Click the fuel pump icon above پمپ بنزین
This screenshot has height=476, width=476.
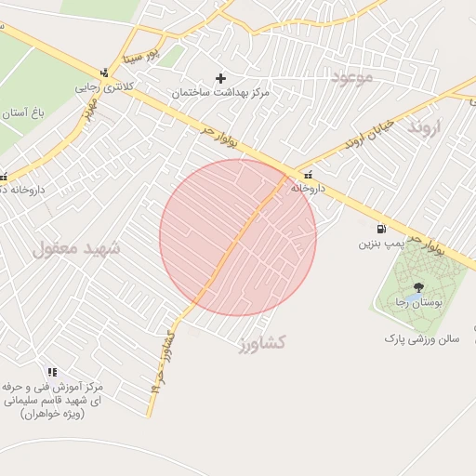(x=381, y=230)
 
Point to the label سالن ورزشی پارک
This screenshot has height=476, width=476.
(x=422, y=339)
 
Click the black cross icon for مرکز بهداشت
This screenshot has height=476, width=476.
(x=220, y=78)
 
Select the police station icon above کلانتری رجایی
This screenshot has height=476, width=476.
(x=105, y=72)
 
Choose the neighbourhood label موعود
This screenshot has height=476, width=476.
(x=351, y=77)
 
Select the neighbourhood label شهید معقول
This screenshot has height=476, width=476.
(x=77, y=248)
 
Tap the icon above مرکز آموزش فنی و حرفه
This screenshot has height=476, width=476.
(x=65, y=372)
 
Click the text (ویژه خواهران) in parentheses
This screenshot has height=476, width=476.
(x=56, y=414)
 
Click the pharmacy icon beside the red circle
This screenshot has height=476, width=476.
(x=307, y=174)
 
